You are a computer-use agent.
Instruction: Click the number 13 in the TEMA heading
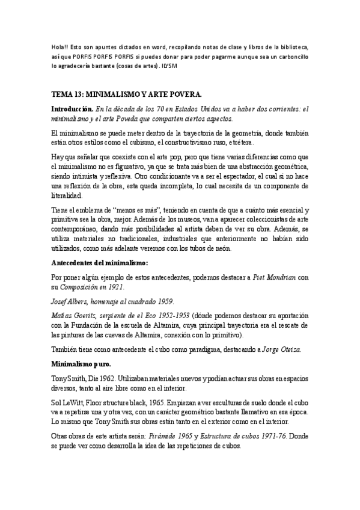[81, 95]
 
